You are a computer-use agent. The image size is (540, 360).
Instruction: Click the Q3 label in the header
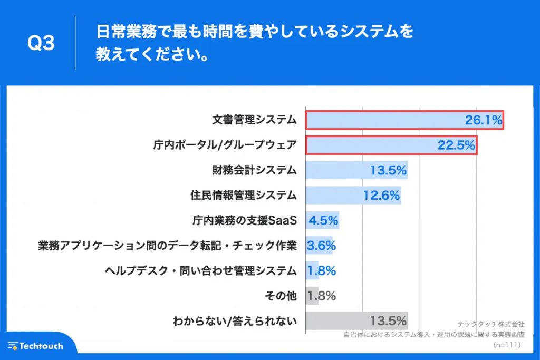(41, 44)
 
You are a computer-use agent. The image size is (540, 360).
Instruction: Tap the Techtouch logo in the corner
(36, 346)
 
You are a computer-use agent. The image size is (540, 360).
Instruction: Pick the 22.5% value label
(456, 145)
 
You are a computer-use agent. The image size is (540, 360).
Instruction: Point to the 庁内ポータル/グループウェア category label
(222, 145)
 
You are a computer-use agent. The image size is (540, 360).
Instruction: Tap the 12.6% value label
(382, 196)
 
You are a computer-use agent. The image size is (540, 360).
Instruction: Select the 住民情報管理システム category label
(243, 196)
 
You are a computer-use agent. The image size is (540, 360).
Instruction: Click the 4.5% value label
(323, 220)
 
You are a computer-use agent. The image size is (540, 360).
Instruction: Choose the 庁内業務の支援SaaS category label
(245, 220)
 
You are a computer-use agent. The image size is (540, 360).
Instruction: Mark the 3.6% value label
(321, 246)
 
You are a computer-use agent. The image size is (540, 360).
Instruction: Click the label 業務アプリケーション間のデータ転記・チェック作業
(167, 246)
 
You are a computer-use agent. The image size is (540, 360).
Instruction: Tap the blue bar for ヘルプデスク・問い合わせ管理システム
(312, 271)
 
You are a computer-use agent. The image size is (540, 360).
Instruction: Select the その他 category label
(281, 296)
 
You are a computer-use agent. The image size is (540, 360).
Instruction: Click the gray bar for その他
(312, 296)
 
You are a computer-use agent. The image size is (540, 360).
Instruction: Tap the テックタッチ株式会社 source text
(491, 325)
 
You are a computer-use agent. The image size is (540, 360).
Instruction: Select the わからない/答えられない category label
(235, 321)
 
